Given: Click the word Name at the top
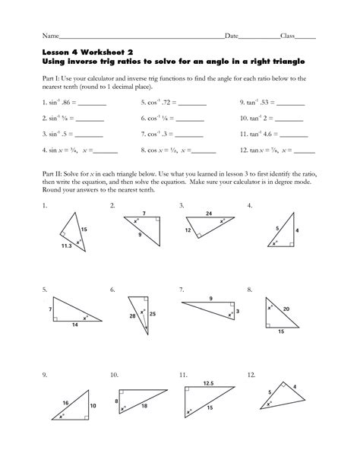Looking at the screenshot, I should [x=50, y=36].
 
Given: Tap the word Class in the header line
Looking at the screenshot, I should [x=287, y=36].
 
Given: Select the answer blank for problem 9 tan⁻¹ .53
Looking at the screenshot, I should [x=292, y=101].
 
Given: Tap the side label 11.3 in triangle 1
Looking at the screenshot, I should [x=68, y=246].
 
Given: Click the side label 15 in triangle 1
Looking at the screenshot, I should [x=84, y=229].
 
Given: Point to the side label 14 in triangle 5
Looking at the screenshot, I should [x=74, y=325].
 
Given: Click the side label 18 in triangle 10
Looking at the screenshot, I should [x=144, y=407].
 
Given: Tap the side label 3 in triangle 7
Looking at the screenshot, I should [x=238, y=311].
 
